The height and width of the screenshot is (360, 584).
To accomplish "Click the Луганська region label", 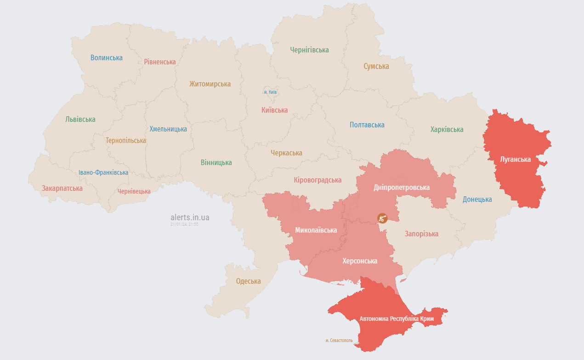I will [x=515, y=160].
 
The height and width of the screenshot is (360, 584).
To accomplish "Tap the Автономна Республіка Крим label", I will [x=397, y=319].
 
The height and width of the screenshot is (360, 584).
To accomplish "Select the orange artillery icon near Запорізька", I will [x=382, y=218].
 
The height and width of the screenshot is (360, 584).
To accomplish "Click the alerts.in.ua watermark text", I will [x=190, y=217].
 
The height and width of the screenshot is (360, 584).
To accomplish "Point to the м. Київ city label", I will [x=270, y=92].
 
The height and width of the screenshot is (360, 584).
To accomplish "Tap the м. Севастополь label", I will [x=339, y=341].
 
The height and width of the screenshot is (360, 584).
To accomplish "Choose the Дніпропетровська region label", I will [x=402, y=188].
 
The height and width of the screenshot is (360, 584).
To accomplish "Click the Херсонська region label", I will [x=360, y=261].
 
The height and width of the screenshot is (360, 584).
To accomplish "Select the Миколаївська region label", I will [x=316, y=230].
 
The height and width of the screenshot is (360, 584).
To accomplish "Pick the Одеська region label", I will [x=248, y=281].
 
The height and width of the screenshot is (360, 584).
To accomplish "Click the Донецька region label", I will [x=477, y=200].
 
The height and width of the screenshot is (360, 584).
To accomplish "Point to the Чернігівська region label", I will [x=309, y=50].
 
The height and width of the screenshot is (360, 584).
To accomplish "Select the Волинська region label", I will [x=107, y=58].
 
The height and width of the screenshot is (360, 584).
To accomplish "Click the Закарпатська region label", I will [x=62, y=189].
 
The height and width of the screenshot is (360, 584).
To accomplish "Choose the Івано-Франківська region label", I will [x=103, y=172].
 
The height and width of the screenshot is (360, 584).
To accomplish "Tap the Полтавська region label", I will [x=367, y=125].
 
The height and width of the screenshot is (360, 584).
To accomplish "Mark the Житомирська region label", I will [x=210, y=84].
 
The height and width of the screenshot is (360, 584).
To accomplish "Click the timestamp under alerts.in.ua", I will [x=184, y=225].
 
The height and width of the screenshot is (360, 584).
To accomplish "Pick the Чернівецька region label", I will [x=134, y=192].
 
